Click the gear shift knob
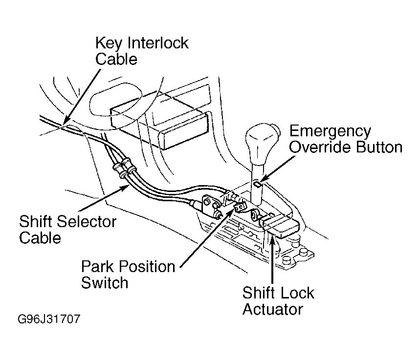tap(263, 141)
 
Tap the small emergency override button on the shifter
tap(257, 184)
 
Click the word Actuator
tap(273, 309)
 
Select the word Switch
tap(105, 283)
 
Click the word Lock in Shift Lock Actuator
tap(297, 293)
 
